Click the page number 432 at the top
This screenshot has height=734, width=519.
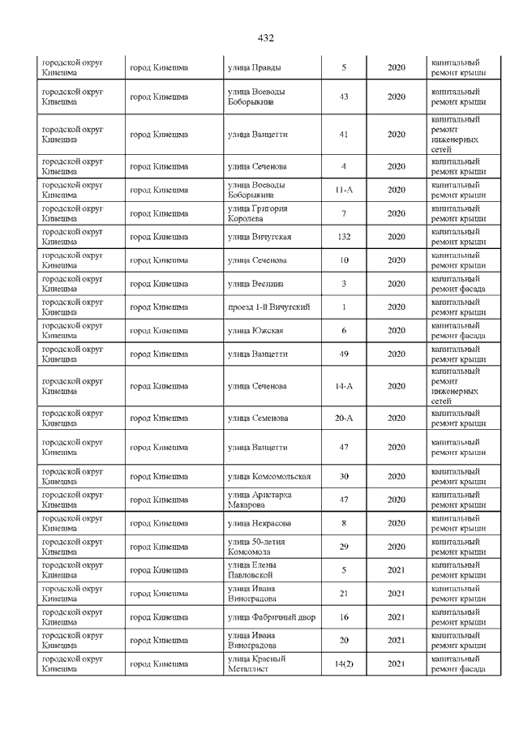265,38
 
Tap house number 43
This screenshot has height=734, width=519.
344,97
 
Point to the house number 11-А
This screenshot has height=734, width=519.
344,190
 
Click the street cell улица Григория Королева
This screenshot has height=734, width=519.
258,213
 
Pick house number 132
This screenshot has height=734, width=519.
344,237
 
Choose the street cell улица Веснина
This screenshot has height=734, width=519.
254,284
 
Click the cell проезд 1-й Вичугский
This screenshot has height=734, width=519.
269,307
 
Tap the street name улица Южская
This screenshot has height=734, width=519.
255,330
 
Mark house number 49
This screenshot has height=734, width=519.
344,354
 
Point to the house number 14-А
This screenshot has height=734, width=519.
344,386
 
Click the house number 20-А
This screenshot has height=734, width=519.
344,419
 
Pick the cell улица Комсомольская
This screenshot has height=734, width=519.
269,476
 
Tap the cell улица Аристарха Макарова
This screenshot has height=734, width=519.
259,500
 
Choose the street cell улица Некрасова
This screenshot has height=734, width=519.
259,523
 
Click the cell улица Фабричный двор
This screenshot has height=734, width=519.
272,617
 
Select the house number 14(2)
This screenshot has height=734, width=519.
344,664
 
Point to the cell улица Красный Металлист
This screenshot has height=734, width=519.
257,664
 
